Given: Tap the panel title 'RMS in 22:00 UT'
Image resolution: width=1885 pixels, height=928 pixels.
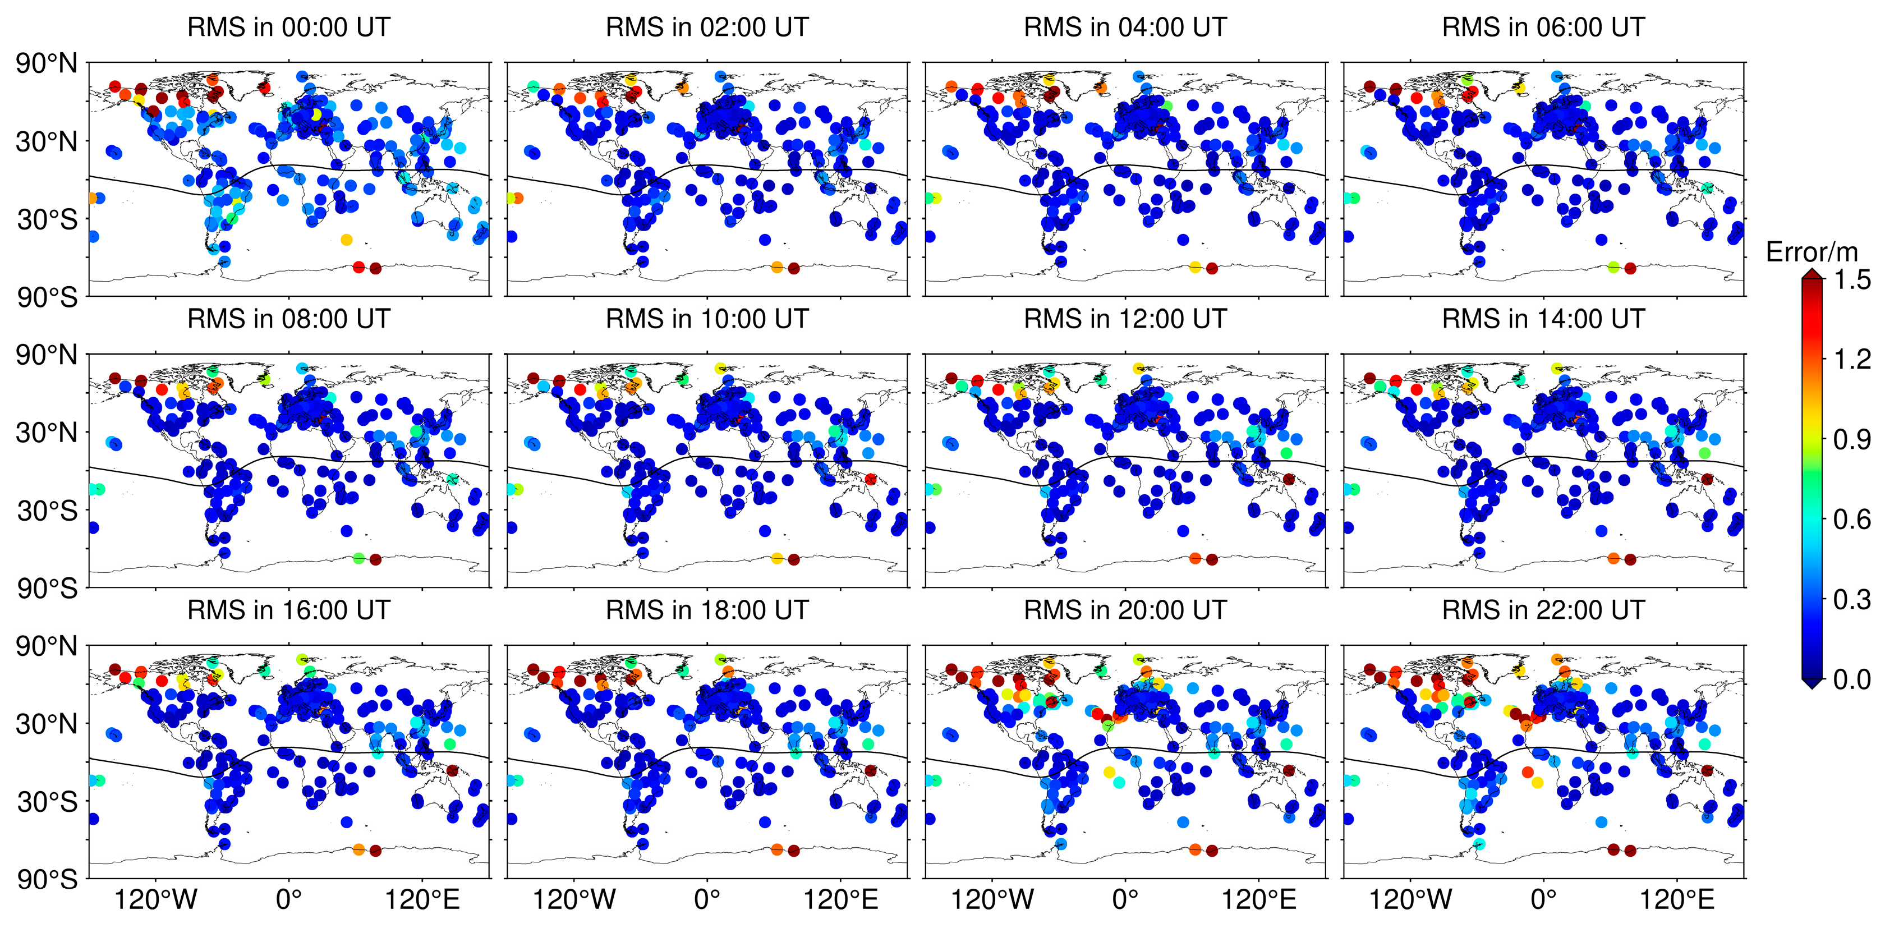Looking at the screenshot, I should click(1543, 610).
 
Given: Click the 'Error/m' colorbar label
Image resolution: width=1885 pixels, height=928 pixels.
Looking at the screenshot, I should click(1811, 252).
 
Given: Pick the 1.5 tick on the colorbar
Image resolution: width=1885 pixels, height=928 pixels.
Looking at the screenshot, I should click(1852, 279).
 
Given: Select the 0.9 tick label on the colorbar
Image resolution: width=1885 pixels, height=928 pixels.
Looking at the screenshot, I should click(1852, 440).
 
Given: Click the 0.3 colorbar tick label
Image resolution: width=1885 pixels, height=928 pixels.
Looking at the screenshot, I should click(1852, 599).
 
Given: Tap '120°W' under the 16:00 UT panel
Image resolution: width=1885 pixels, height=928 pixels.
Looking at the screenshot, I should click(156, 899).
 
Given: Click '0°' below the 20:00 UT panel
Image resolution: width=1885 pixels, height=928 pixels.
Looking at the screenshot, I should click(1125, 899).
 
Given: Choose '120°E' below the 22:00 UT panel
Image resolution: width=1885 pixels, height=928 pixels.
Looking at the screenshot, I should click(1676, 899).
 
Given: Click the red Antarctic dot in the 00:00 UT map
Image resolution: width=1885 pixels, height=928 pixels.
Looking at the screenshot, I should click(358, 267).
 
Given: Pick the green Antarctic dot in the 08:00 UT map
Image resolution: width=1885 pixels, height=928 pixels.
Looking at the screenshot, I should click(358, 558).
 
